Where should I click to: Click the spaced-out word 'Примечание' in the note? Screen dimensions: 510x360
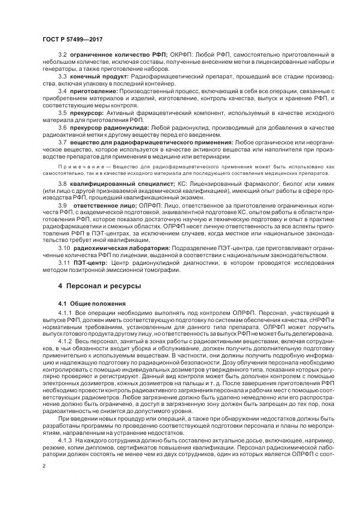coord(78,165)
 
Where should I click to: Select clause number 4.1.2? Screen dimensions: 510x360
coord(65,341)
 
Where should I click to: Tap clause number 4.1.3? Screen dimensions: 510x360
coord(65,439)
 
